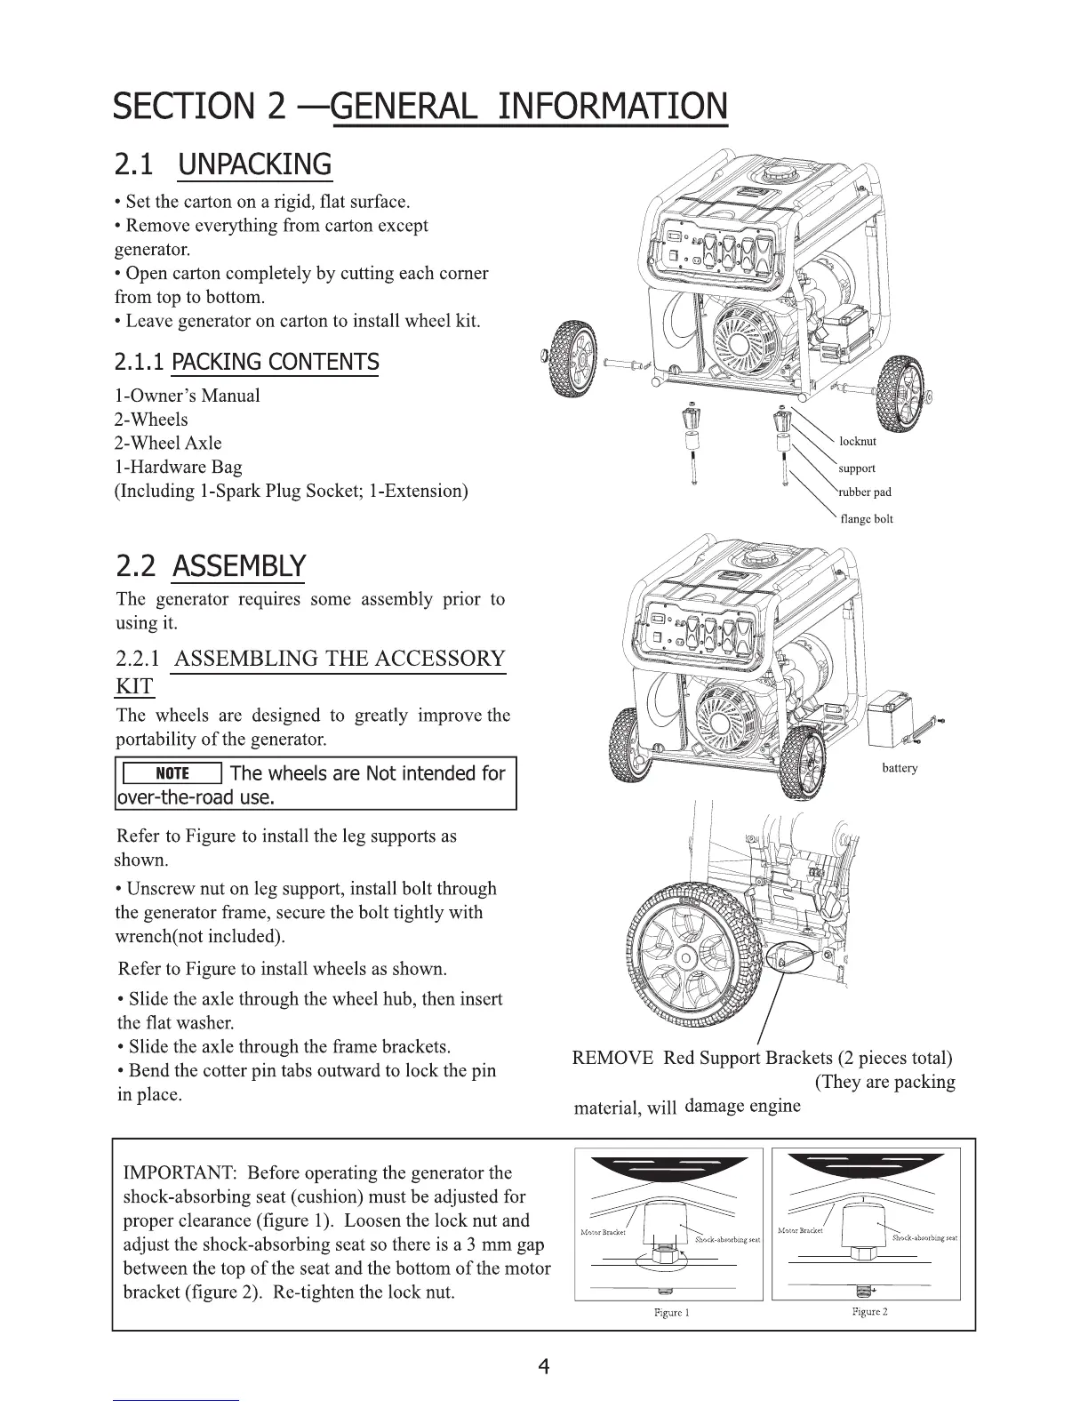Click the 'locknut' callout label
point(857,442)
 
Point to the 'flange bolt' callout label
point(866,519)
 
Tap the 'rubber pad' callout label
point(864,492)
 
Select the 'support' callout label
point(856,468)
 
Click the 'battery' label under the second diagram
point(900,768)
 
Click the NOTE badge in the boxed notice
point(172,773)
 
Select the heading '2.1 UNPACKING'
point(223,165)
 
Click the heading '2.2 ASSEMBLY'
point(211,565)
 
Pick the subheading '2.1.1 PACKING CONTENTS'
point(246,363)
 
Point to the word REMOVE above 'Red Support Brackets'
point(612,1058)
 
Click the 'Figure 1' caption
point(671,1312)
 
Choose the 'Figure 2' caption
point(869,1311)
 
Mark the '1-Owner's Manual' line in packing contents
point(188,396)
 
